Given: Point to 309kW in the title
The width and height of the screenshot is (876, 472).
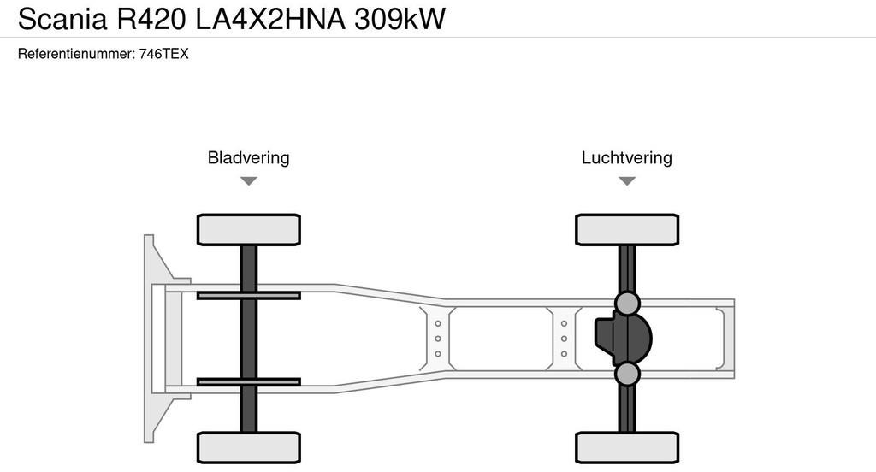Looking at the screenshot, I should [400, 19].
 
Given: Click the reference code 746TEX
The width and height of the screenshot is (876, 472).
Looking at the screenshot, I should [163, 54].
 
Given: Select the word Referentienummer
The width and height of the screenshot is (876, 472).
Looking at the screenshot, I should [76, 54].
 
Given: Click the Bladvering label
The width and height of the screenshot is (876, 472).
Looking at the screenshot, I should [248, 158].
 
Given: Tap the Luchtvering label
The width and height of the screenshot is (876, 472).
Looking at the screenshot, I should [626, 158].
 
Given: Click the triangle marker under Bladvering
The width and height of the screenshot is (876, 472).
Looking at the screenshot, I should [248, 180].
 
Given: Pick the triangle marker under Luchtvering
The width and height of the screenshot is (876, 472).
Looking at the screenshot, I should [627, 180].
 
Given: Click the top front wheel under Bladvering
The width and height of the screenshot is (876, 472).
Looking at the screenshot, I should [248, 229].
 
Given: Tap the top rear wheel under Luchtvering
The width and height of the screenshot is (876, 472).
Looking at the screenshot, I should [627, 229].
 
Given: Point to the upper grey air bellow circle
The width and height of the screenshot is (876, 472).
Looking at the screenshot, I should [627, 303].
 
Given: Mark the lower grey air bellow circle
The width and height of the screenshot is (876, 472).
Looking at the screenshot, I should [627, 374].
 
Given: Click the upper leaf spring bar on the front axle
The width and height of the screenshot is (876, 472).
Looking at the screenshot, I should [248, 296].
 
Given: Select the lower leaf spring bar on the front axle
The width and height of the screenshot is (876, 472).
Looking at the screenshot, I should [248, 381].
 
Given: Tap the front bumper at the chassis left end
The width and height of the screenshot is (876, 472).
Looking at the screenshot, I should [155, 338].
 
